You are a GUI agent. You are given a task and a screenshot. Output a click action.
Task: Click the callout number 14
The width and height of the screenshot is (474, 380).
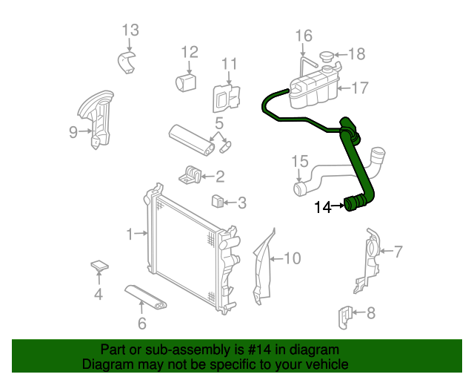pyautogui.click(x=322, y=208)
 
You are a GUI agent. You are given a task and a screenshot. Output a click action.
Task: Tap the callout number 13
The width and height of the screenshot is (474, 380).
pyautogui.click(x=130, y=30)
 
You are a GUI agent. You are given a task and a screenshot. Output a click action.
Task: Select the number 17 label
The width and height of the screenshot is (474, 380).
pyautogui.click(x=359, y=88)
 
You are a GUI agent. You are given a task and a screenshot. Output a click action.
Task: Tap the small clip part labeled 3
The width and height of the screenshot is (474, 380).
pyautogui.click(x=218, y=201)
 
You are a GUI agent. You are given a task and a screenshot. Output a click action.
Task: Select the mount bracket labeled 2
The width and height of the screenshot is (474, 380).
pyautogui.click(x=191, y=175)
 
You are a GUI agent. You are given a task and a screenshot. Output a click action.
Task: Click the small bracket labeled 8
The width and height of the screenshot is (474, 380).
pyautogui.click(x=344, y=315)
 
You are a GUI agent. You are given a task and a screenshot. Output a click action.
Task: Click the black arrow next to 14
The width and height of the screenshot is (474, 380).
pyautogui.click(x=338, y=208)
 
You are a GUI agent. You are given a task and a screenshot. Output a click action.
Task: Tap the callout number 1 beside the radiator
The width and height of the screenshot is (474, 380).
pyautogui.click(x=130, y=235)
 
